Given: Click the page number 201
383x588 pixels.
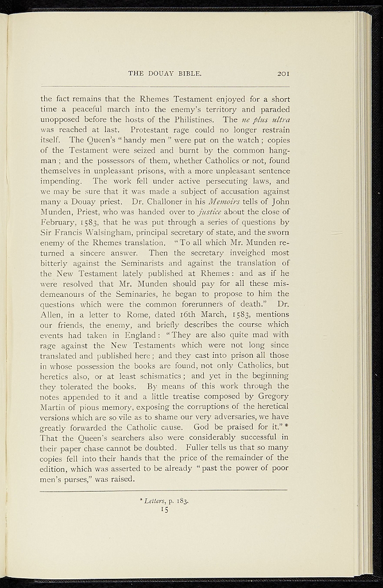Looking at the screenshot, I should tap(285, 73).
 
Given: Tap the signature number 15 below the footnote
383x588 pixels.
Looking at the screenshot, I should tap(164, 509).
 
